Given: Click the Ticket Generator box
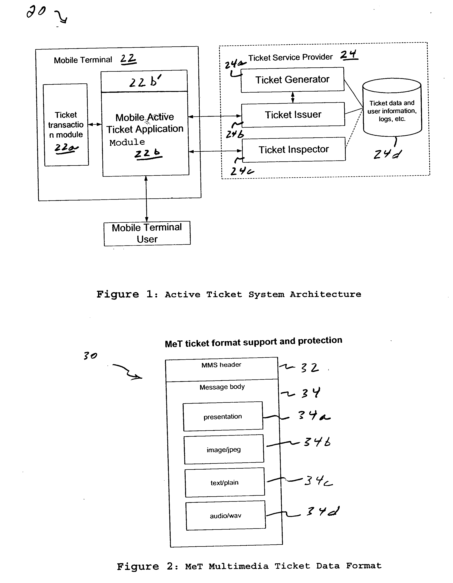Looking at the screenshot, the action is point(293,80).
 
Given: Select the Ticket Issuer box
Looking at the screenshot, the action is point(293,115).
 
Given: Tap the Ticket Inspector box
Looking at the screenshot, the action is point(293,149).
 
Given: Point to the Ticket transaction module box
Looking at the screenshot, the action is point(66,125).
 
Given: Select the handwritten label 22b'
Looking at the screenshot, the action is point(145,81).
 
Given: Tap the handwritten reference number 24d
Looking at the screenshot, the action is point(387,154).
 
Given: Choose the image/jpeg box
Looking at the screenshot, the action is point(224,450).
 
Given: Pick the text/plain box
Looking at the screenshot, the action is point(225,482).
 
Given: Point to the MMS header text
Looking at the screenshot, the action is point(221,365).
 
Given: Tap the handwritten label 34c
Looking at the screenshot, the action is point(319,481).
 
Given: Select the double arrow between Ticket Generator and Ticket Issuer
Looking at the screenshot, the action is point(293,97).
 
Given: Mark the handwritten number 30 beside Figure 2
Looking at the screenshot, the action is point(90,356).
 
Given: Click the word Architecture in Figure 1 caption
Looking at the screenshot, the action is point(326,294).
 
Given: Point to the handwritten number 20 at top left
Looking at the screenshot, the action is point(36,12).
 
